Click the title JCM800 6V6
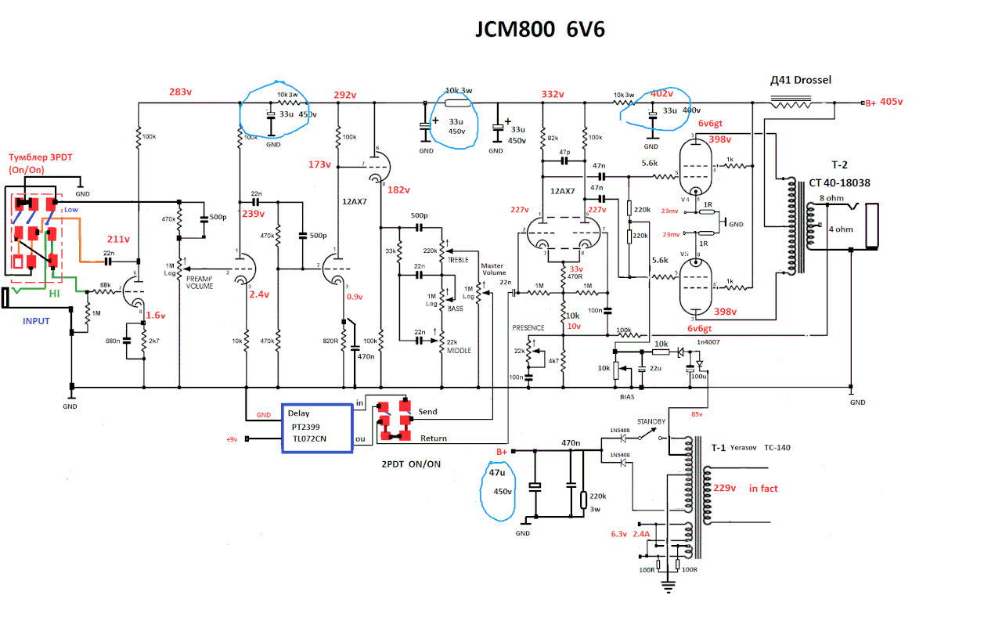(x=540, y=29)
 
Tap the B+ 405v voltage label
(x=883, y=102)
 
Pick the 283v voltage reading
(x=180, y=92)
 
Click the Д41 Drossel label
(x=801, y=80)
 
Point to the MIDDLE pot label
(x=459, y=351)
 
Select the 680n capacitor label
(x=113, y=341)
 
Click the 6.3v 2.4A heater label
(x=630, y=534)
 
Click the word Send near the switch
(x=427, y=411)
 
